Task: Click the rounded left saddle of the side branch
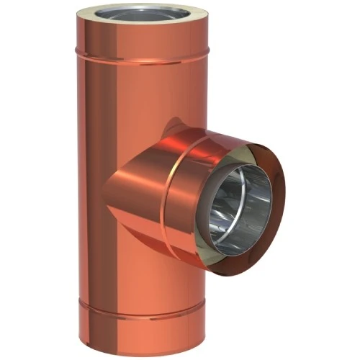click(x=122, y=194)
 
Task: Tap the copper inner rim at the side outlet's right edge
click(x=277, y=209)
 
